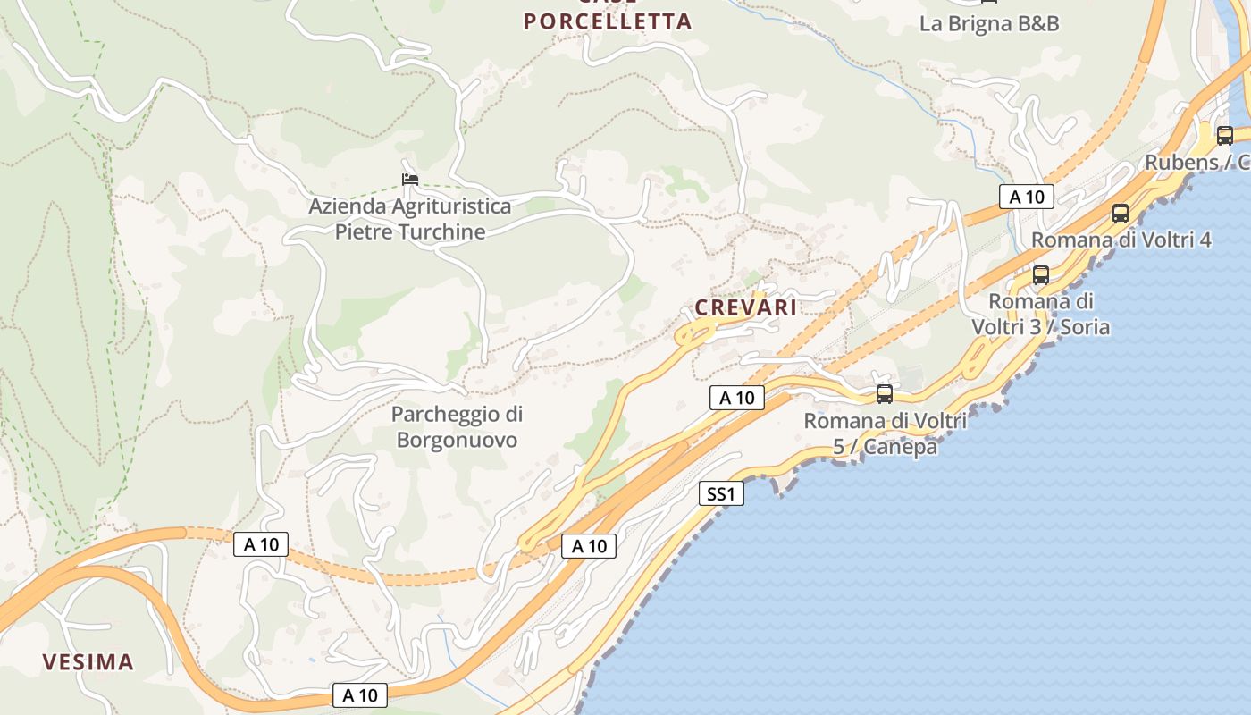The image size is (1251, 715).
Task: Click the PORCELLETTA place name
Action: coord(608,21)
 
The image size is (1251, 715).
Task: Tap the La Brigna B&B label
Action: coord(989,23)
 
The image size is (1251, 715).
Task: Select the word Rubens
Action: coord(1181,163)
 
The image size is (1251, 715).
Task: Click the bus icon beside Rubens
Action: coord(1224,136)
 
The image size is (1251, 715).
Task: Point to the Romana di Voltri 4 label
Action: coord(1121,240)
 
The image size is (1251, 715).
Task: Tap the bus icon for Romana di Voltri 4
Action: coord(1120,213)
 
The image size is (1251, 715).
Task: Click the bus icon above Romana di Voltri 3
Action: coord(1040,275)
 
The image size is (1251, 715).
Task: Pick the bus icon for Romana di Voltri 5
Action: coord(884,393)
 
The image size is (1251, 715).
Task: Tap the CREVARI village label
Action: coord(745,307)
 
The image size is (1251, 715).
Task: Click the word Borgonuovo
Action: coord(457,440)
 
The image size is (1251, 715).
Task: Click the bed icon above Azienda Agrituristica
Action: coord(409,180)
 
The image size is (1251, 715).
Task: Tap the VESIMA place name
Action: coord(88,662)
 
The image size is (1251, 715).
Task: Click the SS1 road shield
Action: coord(720,493)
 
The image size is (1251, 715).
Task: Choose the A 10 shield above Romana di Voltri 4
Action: coord(1026,197)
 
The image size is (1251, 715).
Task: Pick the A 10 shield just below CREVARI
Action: coord(737,398)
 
